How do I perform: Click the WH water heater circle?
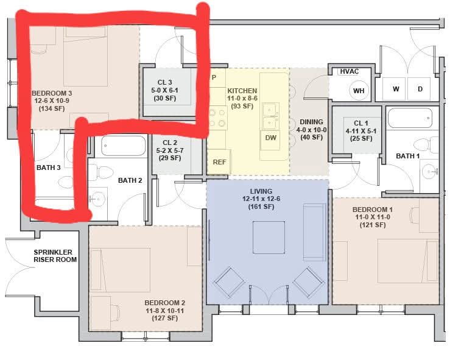[359, 91]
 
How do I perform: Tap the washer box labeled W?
[396, 89]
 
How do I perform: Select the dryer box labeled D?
[420, 89]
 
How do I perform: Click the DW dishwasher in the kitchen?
[270, 138]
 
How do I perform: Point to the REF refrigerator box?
[219, 162]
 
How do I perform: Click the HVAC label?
[349, 71]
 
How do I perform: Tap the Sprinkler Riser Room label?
[55, 256]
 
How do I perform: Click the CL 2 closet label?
[169, 143]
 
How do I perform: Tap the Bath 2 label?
[130, 180]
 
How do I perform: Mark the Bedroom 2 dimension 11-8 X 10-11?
[164, 311]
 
